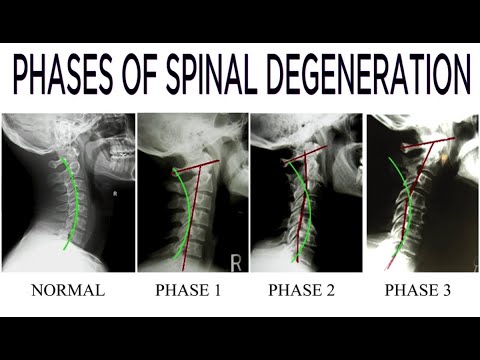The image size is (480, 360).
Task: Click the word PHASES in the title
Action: coord(63,77)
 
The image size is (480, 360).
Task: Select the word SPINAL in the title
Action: coord(212,77)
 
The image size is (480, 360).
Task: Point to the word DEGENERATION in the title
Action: coord(368,77)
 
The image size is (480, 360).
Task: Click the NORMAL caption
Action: coord(68,290)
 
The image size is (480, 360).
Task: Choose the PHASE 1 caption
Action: coord(188,290)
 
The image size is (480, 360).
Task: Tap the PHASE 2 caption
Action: coord(301,290)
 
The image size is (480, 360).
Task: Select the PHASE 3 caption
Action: coord(418,290)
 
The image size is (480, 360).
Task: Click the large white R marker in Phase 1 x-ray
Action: coord(236,263)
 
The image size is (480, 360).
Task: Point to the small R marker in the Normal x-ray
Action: coord(115,193)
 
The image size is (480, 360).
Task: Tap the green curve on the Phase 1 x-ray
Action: coord(188,213)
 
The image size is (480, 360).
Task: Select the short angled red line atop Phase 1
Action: coord(196,166)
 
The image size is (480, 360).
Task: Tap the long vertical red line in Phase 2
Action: coord(301,207)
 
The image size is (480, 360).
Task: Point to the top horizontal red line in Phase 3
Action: coord(428,142)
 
